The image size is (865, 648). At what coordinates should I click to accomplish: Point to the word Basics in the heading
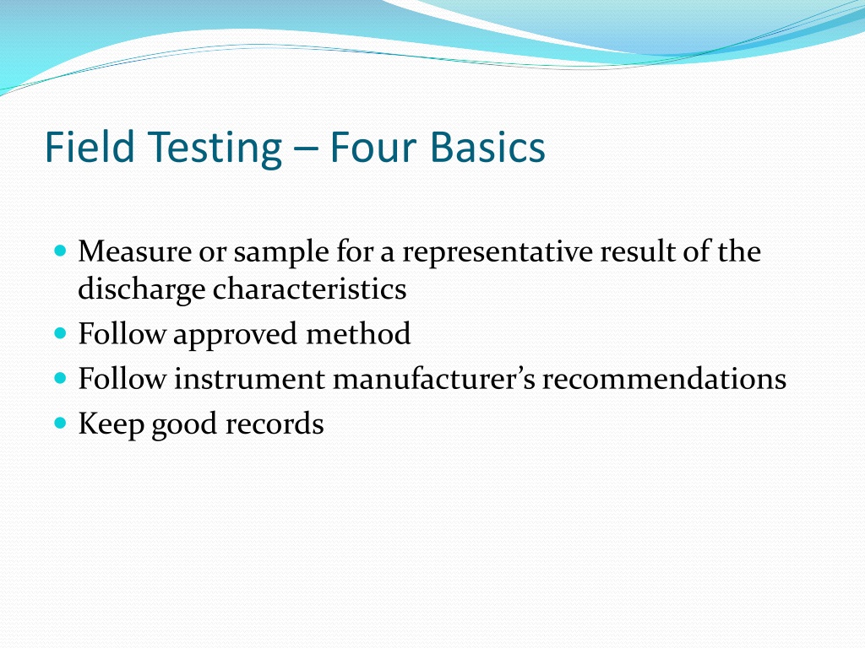pos(487,148)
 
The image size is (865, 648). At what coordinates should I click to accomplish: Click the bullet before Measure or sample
pos(58,251)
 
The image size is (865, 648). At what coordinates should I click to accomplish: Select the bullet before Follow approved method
pos(58,334)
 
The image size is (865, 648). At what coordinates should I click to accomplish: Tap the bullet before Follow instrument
pos(58,379)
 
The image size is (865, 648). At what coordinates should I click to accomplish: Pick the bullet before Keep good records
pos(58,424)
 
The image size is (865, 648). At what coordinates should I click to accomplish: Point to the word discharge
pos(141,289)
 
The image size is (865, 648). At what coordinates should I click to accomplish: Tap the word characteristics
pos(309,289)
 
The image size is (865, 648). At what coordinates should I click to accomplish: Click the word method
pos(358,334)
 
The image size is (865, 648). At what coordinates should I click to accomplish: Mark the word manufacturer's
pos(434,379)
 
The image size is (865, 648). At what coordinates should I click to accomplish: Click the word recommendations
pos(664,379)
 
